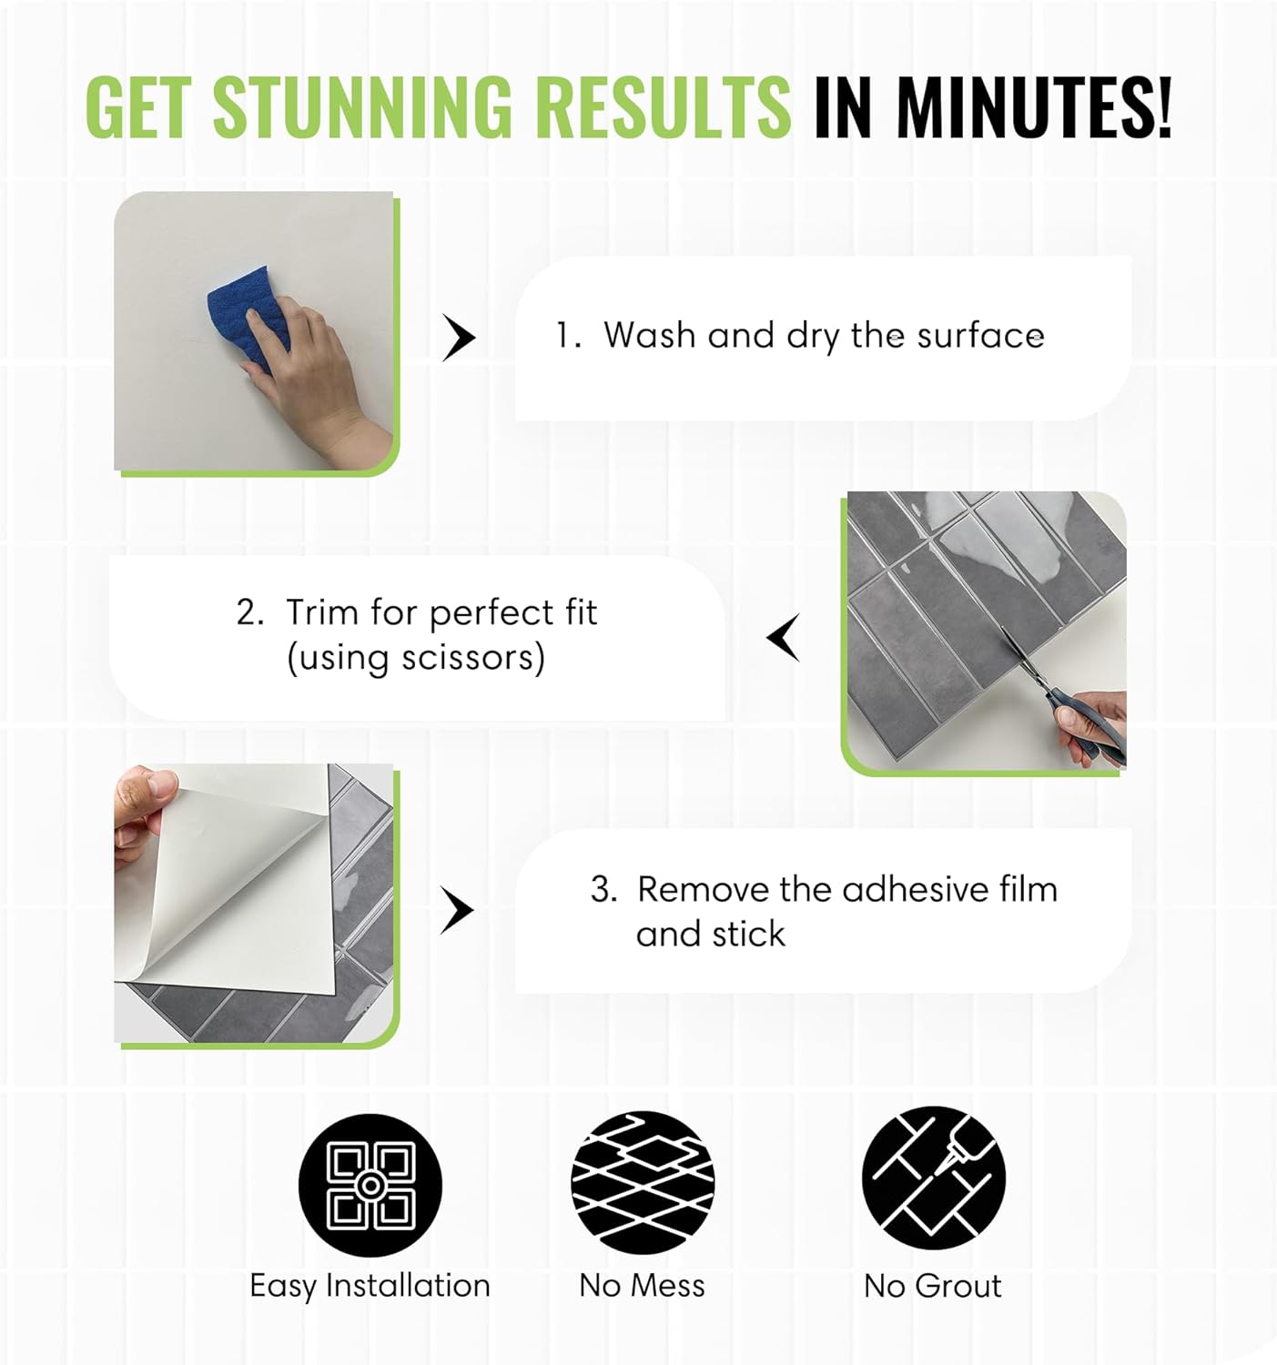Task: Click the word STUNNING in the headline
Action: [x=363, y=106]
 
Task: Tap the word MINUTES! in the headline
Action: [x=1034, y=106]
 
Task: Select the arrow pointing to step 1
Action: [x=458, y=338]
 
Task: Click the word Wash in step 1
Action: [x=650, y=336]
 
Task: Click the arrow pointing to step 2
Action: [x=784, y=638]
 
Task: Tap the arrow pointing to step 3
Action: [x=457, y=910]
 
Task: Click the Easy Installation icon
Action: [x=370, y=1185]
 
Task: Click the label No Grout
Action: [x=932, y=1286]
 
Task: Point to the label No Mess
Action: [x=643, y=1286]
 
